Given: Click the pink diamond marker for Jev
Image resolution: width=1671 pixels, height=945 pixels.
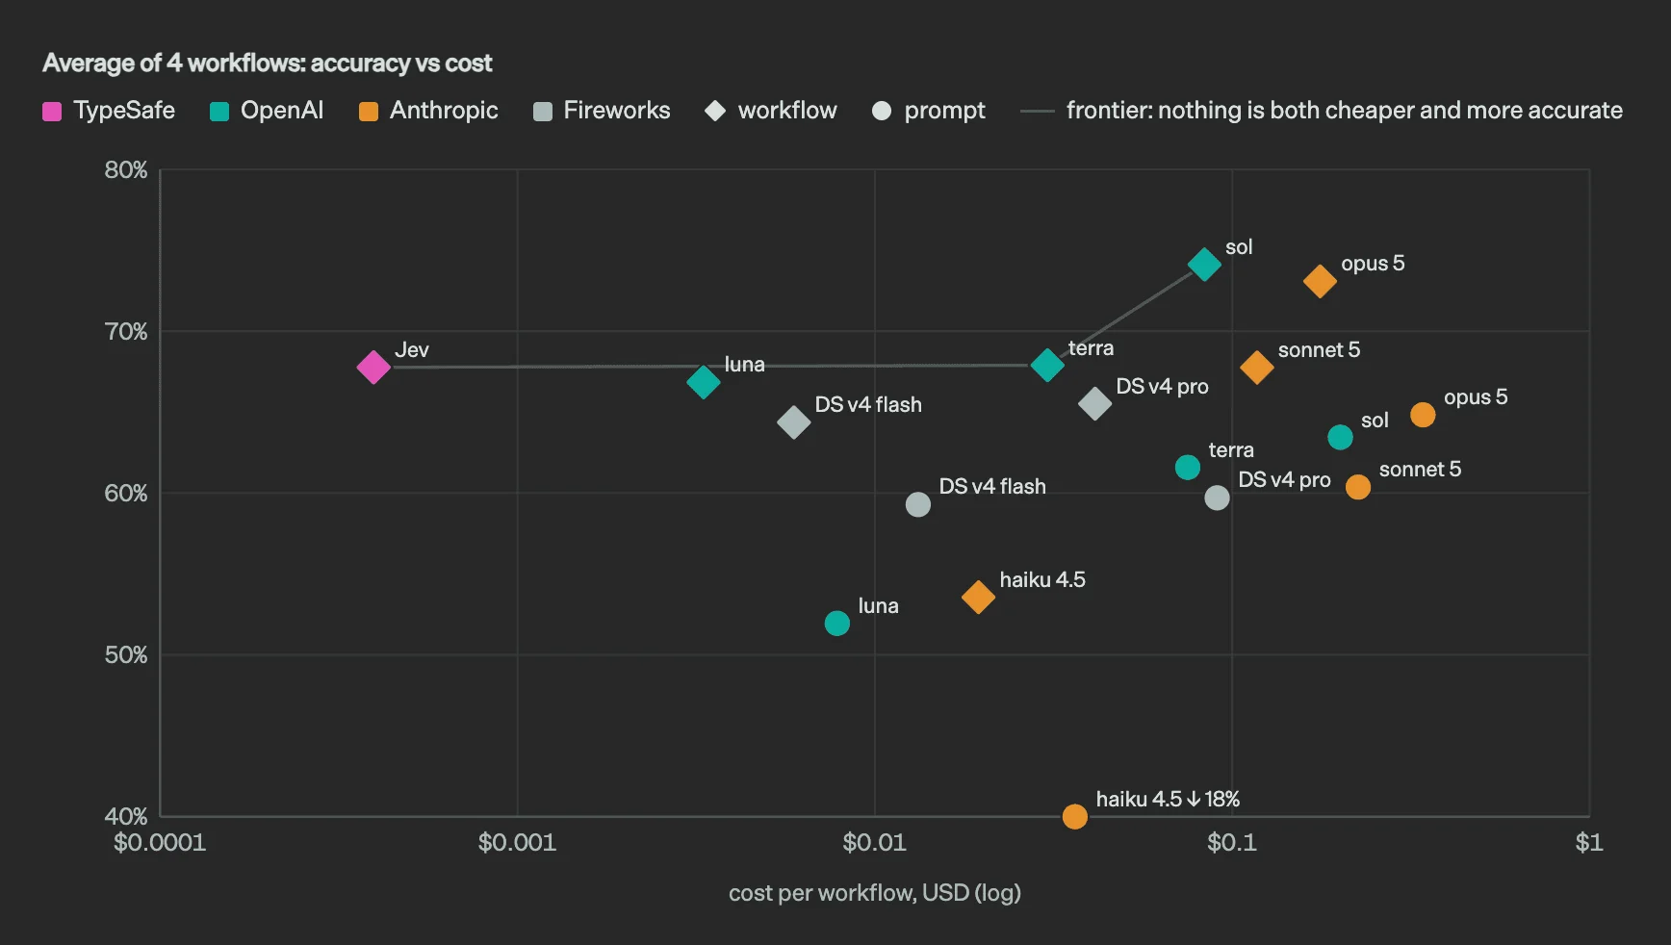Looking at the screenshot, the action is pos(373,367).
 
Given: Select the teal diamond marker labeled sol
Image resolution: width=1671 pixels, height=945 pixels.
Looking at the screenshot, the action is pos(1204,264).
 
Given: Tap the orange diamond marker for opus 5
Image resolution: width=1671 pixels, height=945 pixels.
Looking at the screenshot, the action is pos(1320,281).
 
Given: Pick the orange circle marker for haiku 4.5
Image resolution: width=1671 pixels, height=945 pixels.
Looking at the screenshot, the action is pos(1075,816).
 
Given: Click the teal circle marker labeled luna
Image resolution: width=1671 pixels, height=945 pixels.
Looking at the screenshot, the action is pos(837,624).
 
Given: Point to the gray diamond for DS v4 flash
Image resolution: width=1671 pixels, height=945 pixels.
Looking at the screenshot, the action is pos(793,421).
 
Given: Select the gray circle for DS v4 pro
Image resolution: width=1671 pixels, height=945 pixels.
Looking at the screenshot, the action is pos(1217,498).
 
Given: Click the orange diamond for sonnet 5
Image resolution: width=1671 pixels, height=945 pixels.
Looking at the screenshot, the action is pos(1256,367).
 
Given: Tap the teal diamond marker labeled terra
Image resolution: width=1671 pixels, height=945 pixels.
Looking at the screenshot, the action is pos(1047,365).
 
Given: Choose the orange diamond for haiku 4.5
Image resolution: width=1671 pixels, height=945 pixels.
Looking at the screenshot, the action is pos(978,597).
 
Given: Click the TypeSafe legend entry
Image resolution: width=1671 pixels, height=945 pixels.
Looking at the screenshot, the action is pos(109,111).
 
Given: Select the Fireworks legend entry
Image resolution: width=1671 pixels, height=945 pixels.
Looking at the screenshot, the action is pos(602,111).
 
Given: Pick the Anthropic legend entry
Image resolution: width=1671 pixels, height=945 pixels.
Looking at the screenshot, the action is pos(428,111).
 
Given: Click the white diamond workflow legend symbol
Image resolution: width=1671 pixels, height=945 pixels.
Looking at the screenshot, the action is pos(715,111).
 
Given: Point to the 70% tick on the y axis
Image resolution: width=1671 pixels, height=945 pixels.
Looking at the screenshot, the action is pos(126,332).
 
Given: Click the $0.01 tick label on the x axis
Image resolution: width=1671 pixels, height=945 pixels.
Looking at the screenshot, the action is pos(874,843).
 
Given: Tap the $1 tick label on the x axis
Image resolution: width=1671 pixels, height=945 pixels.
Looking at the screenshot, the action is pos(1589,843).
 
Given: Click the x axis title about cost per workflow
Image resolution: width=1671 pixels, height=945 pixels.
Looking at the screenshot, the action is pos(875,893).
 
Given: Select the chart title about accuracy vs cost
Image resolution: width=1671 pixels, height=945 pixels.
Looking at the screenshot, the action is pos(268,64).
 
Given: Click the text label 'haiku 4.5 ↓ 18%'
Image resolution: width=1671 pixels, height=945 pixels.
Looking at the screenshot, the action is pos(1168,799).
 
